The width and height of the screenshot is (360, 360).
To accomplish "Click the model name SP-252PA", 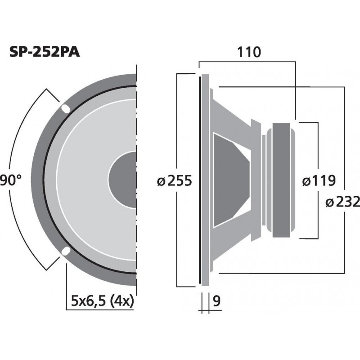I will pos(45,53).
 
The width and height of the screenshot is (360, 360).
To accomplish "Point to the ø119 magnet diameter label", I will pos(319,181).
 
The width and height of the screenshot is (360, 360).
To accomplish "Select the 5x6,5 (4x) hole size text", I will pos(103,301).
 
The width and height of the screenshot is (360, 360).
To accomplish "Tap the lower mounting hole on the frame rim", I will pos(66,251).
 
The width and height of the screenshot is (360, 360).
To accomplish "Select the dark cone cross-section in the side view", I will pos(229,179).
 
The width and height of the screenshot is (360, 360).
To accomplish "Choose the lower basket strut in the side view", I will pos(234,245).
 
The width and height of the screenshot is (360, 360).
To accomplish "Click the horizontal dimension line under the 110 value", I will pos(247,62).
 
